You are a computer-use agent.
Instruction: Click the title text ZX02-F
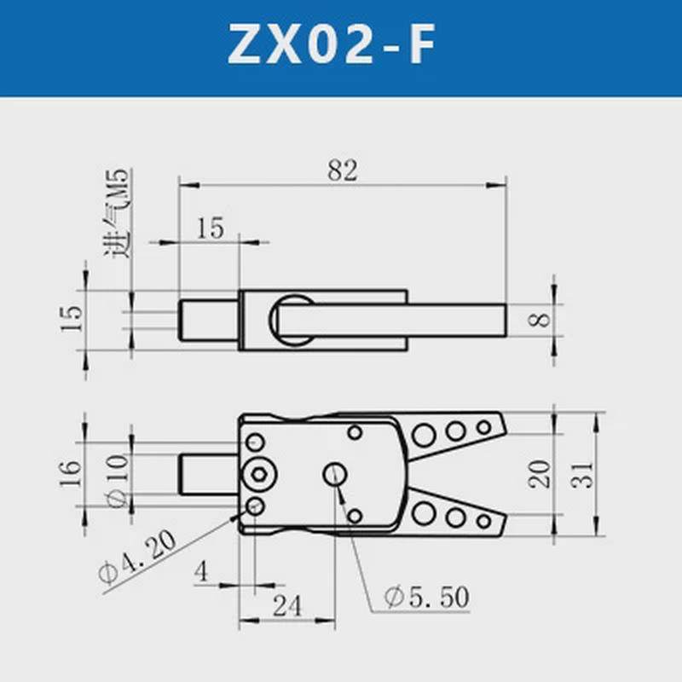[x=341, y=48]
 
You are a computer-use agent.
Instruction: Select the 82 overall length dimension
[x=342, y=170]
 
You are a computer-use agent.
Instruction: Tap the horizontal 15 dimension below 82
[x=209, y=228]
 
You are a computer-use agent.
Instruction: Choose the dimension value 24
[x=289, y=606]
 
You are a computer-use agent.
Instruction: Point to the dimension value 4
[x=201, y=571]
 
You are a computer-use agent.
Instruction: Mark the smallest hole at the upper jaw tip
[x=484, y=426]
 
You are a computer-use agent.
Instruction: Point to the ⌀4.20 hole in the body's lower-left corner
[x=254, y=507]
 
